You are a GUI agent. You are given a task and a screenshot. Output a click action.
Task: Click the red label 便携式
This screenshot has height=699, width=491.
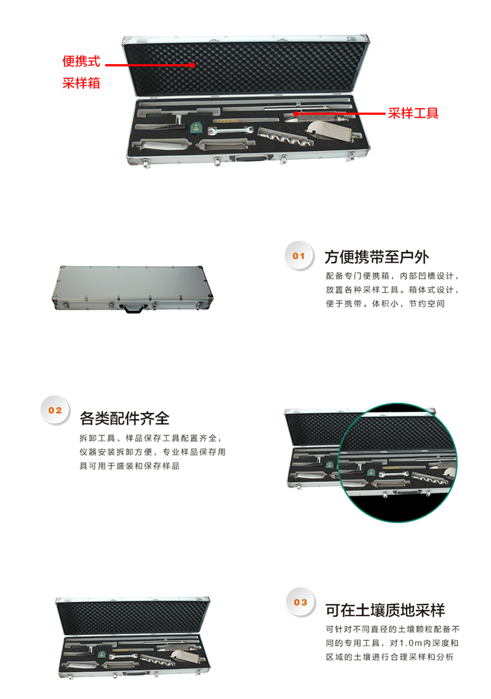click(x=81, y=61)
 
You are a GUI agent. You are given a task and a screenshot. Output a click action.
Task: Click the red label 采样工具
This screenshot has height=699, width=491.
click(x=413, y=113)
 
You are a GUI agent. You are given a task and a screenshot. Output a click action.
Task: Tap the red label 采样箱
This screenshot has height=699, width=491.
click(x=81, y=83)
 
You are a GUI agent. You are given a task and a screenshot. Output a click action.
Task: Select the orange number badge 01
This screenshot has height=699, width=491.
click(x=299, y=256)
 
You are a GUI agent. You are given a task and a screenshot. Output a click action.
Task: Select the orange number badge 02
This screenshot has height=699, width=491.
click(x=55, y=410)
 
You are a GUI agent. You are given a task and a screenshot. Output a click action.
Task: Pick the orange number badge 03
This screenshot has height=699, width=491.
click(x=301, y=602)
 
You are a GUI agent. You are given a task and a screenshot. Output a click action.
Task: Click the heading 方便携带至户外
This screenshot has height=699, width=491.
click(x=377, y=257)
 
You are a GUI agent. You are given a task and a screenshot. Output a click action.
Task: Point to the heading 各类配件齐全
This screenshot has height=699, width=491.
click(x=124, y=418)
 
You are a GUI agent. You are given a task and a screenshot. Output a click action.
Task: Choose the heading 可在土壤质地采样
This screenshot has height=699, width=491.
click(x=385, y=610)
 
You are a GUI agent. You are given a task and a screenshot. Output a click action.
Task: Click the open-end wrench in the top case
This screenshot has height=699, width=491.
click(x=230, y=130)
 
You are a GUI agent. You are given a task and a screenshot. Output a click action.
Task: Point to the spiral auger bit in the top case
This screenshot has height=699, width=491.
click(x=285, y=136)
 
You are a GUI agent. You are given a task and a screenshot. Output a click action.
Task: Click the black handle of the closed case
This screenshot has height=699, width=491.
click(x=134, y=308)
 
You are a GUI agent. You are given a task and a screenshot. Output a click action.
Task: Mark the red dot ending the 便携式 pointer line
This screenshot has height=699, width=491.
click(x=192, y=65)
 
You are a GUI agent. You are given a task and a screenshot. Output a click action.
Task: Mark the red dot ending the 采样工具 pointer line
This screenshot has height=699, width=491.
click(x=295, y=114)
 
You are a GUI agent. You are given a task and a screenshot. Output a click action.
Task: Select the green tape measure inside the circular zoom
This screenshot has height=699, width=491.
click(x=370, y=473)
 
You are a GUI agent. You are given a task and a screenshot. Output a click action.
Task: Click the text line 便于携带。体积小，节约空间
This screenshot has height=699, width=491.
click(x=385, y=303)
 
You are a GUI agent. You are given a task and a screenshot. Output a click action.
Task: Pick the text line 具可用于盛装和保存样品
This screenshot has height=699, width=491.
click(x=129, y=466)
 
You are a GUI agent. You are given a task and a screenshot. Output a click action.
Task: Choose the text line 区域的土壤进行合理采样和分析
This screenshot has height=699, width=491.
click(x=390, y=657)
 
